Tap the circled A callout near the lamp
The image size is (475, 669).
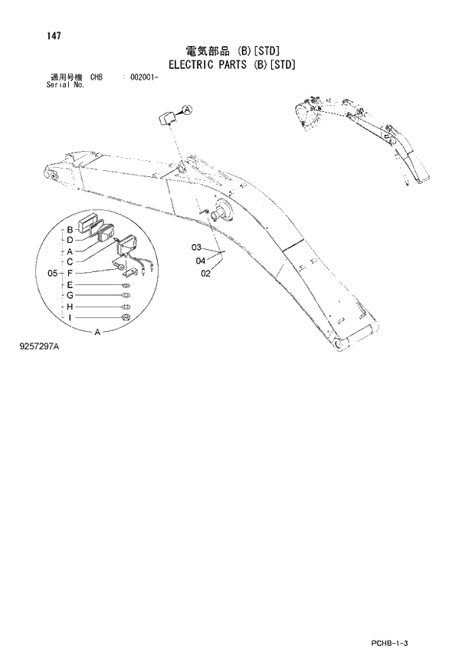tap(188, 110)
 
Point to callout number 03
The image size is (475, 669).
tap(197, 248)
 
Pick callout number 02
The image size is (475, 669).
tap(205, 273)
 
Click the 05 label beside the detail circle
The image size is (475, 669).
tap(53, 273)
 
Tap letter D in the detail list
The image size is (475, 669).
tap(70, 240)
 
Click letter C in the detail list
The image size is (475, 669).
tap(70, 261)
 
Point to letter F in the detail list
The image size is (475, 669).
tap(70, 273)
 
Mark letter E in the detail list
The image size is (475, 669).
tap(70, 284)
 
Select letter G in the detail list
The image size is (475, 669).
tap(70, 295)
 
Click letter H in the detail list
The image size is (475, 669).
tap(70, 307)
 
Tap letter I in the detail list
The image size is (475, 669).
tap(70, 317)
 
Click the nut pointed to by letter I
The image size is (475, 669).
tap(126, 317)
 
